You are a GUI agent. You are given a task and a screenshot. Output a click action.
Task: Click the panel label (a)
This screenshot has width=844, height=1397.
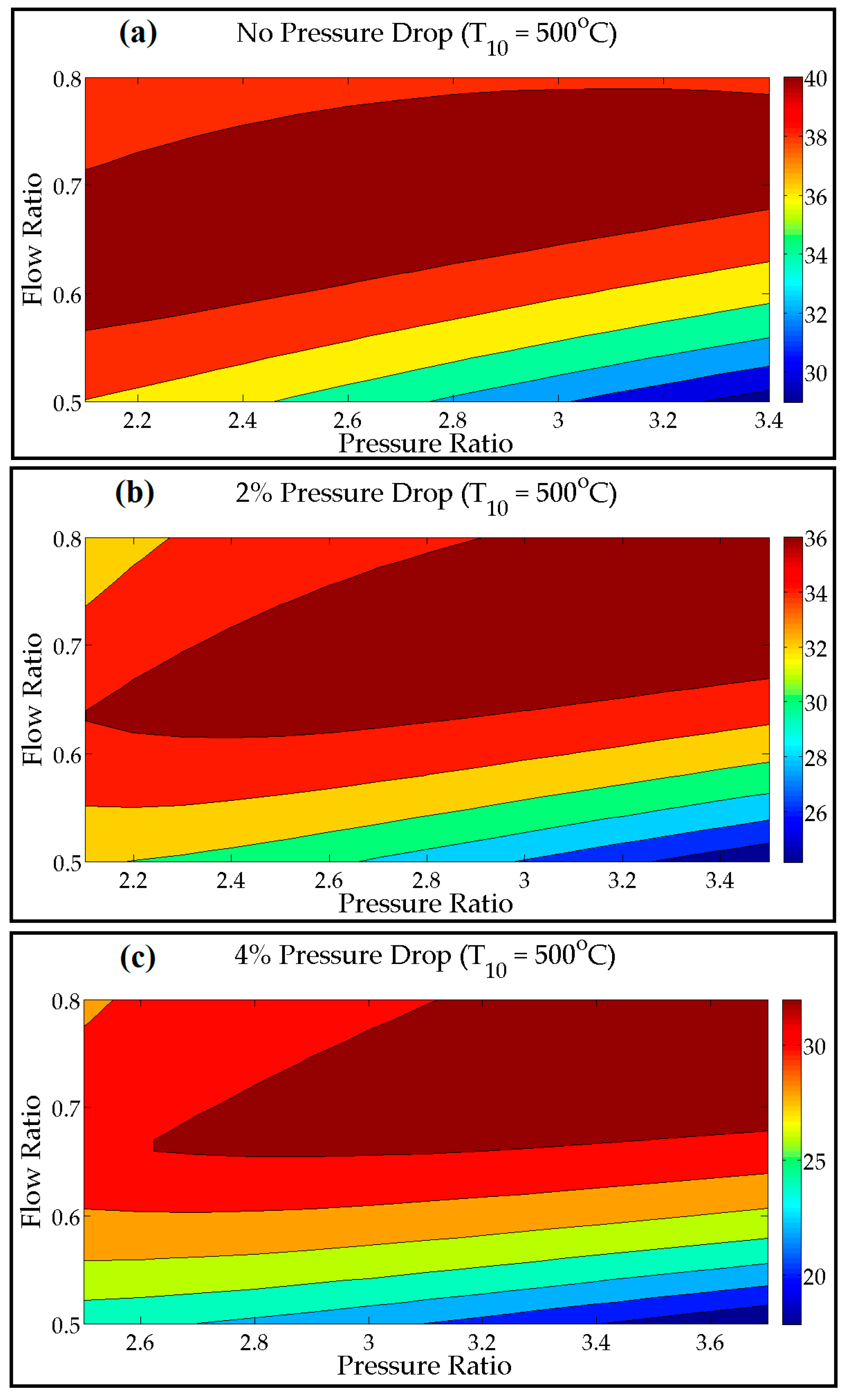point(138,33)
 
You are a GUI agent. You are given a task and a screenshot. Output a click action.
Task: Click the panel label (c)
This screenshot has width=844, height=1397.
point(138,957)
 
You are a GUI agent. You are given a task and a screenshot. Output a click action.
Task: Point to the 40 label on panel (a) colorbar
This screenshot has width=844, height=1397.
point(815,79)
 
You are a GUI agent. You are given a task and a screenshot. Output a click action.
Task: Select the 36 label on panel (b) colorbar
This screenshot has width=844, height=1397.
point(815,539)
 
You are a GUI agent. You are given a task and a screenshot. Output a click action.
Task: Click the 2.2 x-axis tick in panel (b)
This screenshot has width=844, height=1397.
point(133,881)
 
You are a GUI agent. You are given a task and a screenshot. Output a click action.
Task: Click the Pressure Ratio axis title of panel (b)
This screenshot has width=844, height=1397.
point(425,903)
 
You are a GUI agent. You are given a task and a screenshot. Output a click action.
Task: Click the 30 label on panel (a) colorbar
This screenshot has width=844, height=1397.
point(815,374)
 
